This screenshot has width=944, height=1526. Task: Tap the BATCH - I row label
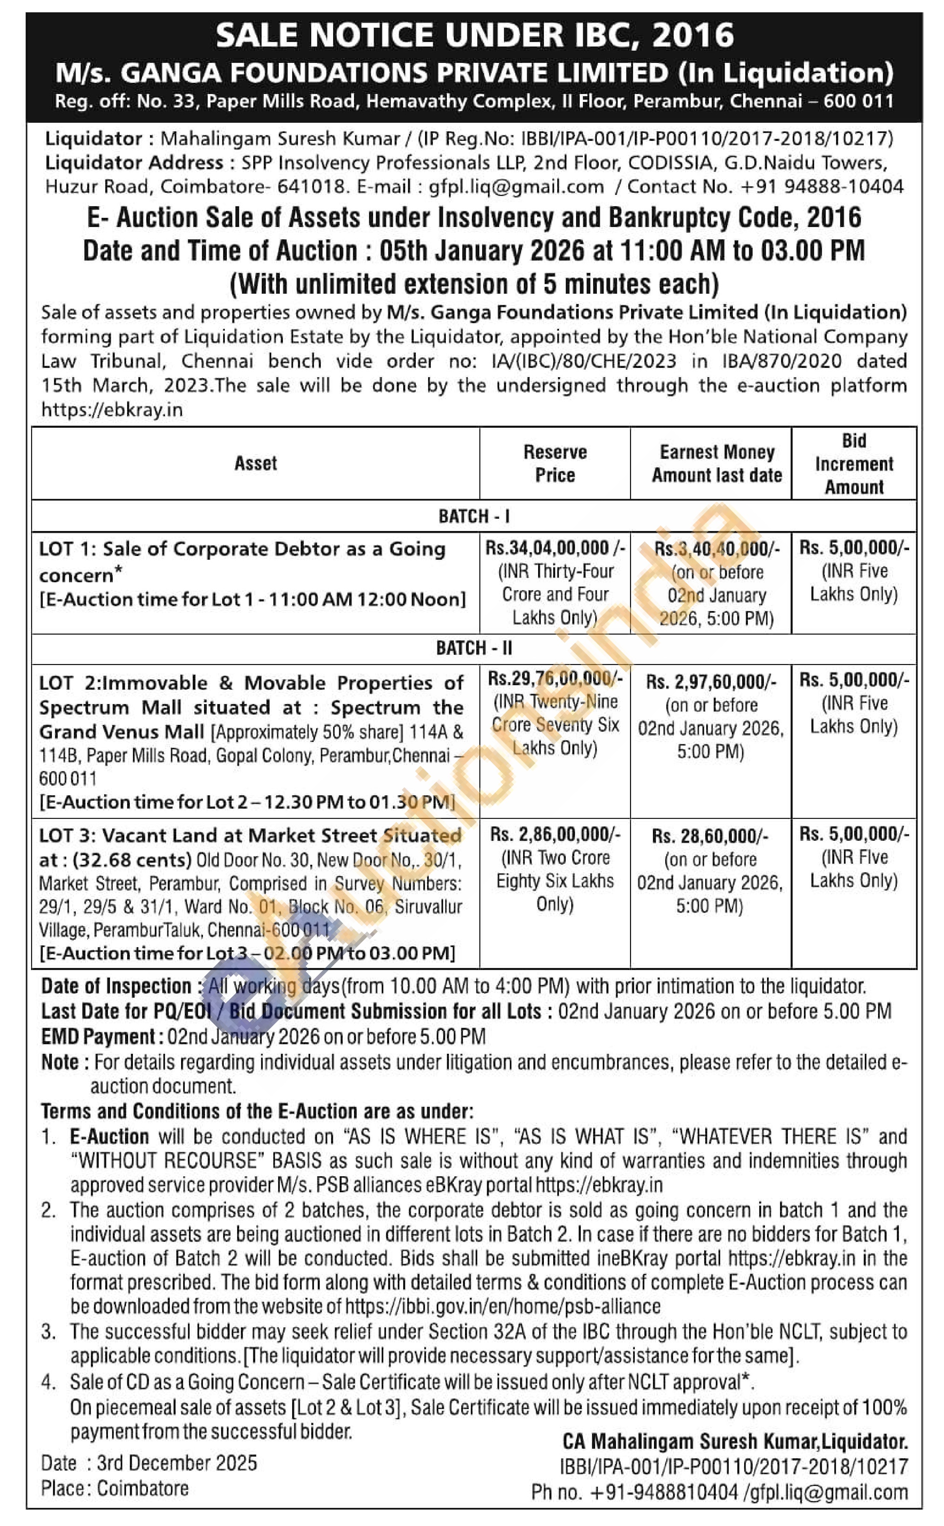pyautogui.click(x=474, y=517)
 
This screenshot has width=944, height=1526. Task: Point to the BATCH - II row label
pyautogui.click(x=474, y=648)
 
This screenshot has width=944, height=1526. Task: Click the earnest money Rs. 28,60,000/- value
pyautogui.click(x=710, y=836)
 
